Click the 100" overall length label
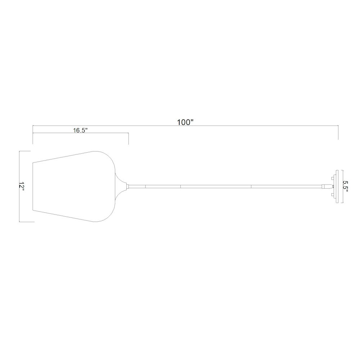point(185,122)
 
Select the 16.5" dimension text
point(81,130)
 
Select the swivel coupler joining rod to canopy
point(326,186)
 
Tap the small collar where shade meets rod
point(128,186)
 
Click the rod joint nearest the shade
point(145,186)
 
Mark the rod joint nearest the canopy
point(251,186)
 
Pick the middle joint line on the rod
point(180,186)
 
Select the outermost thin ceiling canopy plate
point(337,186)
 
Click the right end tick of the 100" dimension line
point(338,132)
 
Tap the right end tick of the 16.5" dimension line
point(129,139)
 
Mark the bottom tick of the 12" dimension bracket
point(27,222)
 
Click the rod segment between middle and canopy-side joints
point(216,186)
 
